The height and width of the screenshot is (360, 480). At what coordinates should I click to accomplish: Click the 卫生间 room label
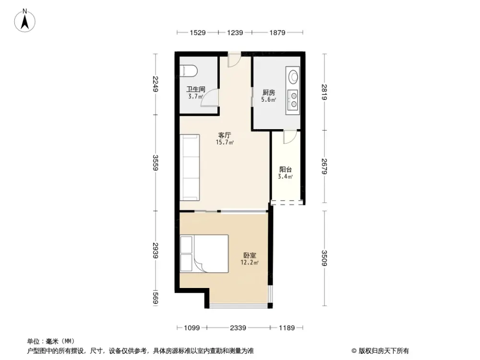pos(196,89)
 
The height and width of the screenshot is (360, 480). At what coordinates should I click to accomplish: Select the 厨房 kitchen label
pos(269,93)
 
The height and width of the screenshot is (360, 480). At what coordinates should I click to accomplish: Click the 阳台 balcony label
pos(286,169)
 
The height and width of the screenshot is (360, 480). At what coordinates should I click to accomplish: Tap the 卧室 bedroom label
pos(250,255)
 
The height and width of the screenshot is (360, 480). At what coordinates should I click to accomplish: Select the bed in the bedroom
pos(204,254)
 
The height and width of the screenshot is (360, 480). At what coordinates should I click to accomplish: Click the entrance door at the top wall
pos(234,59)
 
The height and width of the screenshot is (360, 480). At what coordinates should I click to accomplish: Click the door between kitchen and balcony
pos(289,137)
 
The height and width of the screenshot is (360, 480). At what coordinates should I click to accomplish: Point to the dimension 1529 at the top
pos(198,33)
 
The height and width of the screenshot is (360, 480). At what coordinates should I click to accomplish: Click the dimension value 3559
pos(155,163)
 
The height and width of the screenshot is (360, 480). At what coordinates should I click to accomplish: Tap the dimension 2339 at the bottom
pos(238,328)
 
